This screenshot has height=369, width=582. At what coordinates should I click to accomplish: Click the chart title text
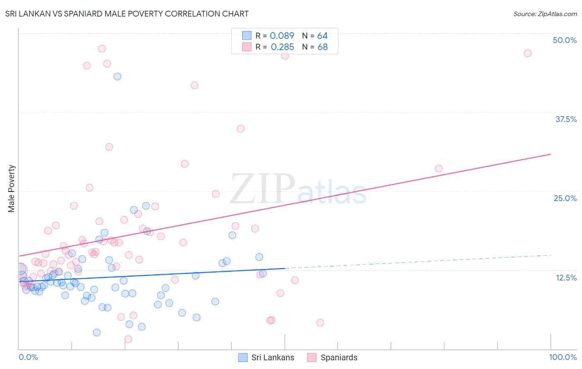(127, 14)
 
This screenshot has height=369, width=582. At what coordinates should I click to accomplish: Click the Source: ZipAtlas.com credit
(545, 14)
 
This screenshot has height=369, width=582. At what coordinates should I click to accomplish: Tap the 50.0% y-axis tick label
(565, 40)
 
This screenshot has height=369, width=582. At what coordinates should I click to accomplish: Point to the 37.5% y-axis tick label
(566, 119)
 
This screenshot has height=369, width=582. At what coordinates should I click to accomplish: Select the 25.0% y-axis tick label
(565, 198)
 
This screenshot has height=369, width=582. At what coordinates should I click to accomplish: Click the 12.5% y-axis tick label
(566, 278)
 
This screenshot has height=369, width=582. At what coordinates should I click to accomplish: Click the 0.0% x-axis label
(28, 357)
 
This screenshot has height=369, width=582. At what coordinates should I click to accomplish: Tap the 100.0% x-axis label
(563, 357)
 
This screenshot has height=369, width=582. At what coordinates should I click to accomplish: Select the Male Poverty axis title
(12, 189)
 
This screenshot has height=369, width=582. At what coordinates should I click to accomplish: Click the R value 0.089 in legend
(282, 36)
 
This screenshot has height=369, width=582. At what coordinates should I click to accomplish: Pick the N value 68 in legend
(322, 47)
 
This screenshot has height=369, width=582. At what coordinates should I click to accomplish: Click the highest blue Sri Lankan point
(118, 77)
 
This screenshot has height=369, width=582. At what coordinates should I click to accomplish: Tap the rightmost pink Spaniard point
(527, 53)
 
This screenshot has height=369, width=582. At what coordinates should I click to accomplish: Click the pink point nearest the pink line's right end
(439, 168)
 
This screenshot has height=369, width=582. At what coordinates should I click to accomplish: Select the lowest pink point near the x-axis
(128, 339)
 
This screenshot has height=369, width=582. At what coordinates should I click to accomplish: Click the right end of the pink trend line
(551, 154)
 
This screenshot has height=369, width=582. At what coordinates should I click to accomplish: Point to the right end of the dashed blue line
(551, 255)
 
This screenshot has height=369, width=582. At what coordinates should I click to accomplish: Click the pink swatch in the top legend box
(247, 47)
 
